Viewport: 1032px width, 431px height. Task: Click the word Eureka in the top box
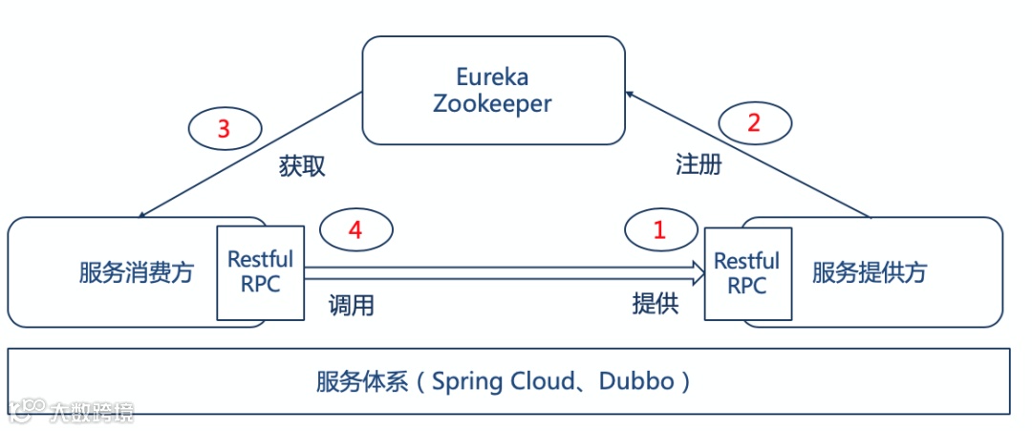point(493,76)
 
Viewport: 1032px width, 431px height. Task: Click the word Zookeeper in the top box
point(493,103)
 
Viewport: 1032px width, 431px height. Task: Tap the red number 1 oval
point(659,228)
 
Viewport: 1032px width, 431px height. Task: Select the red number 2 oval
point(756,122)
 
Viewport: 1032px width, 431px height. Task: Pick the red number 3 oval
point(224,128)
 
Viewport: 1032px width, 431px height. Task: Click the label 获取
point(303,166)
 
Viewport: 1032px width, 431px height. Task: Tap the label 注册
point(699,164)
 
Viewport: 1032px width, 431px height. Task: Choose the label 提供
point(656,304)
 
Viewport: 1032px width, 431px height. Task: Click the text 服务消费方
point(137,273)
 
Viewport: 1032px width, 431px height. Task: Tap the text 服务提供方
point(870,273)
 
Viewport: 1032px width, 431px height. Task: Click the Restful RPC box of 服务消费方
point(261,272)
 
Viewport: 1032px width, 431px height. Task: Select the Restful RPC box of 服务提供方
point(747,272)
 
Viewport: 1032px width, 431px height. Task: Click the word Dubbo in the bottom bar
point(637,382)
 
